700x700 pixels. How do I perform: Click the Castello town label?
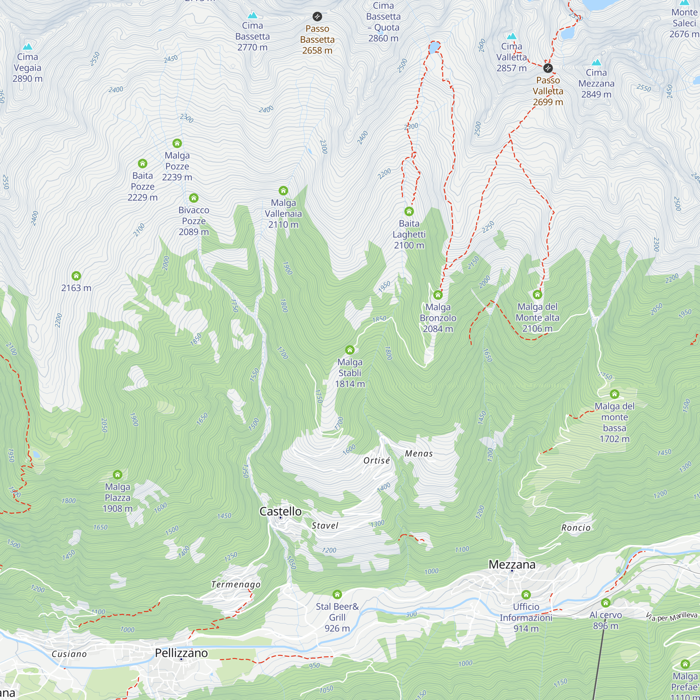280,511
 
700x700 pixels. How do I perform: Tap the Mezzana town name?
512,565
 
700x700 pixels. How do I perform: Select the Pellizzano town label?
181,653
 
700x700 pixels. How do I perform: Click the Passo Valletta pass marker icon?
548,68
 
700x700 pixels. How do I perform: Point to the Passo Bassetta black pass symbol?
317,16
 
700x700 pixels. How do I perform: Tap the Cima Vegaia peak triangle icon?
28,47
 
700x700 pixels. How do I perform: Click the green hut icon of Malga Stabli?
350,350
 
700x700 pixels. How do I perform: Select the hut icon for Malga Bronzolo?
438,295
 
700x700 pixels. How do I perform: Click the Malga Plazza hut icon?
117,474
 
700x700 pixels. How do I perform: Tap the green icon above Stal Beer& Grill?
337,594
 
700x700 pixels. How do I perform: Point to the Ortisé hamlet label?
377,461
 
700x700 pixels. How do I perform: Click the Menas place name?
419,454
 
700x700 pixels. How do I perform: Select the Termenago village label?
236,584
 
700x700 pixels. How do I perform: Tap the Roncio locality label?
576,528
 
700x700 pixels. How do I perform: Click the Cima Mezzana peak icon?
596,62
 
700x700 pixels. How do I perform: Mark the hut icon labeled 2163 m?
76,276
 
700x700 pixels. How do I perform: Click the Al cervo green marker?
605,603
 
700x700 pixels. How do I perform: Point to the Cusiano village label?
69,654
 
